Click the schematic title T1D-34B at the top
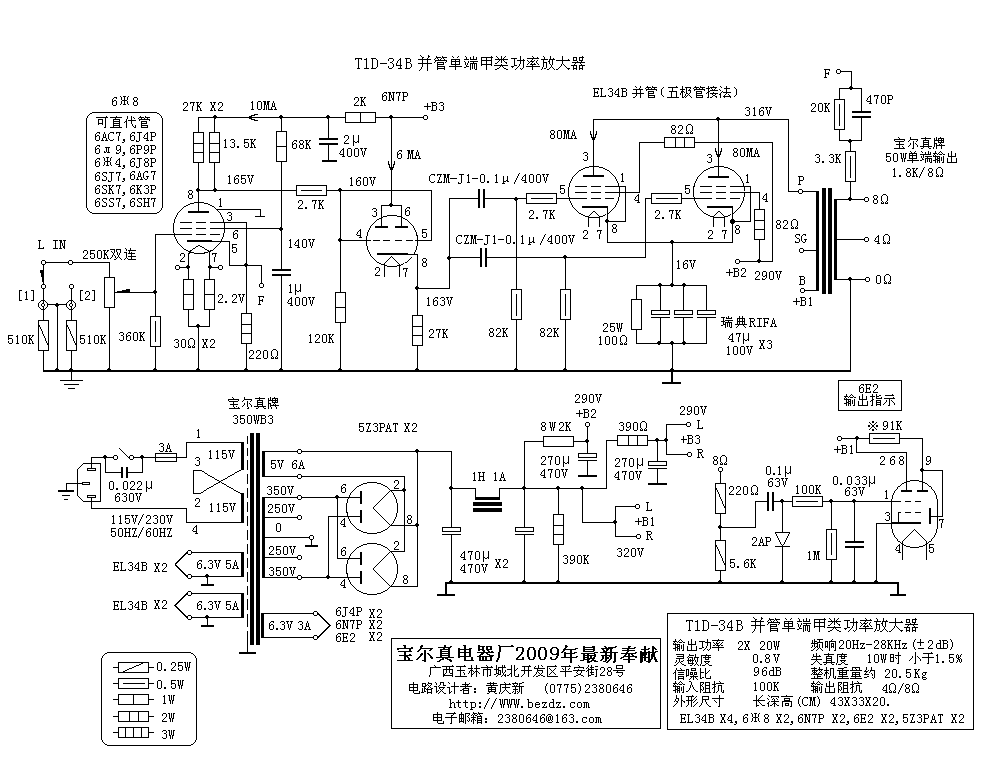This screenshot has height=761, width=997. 469,63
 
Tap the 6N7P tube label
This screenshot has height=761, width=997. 395,97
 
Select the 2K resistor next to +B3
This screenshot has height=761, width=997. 360,117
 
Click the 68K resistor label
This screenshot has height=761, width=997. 301,144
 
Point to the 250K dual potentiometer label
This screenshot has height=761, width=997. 109,254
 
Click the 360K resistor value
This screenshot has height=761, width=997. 132,336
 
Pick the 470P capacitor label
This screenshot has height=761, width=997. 879,99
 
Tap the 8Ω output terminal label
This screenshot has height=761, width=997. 881,200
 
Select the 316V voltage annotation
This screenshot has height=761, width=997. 758,112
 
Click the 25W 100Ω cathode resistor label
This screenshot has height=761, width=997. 612,334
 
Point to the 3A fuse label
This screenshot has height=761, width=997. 165,448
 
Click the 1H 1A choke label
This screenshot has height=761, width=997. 488,477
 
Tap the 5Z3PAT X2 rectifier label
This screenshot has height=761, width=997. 388,428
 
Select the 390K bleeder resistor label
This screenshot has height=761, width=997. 575,559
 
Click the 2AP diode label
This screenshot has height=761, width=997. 761,541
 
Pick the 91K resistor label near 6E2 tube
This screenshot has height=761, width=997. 885,425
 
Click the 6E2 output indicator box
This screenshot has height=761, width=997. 869,395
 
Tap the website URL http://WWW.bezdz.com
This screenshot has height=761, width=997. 519,704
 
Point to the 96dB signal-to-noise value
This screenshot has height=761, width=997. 766,672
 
